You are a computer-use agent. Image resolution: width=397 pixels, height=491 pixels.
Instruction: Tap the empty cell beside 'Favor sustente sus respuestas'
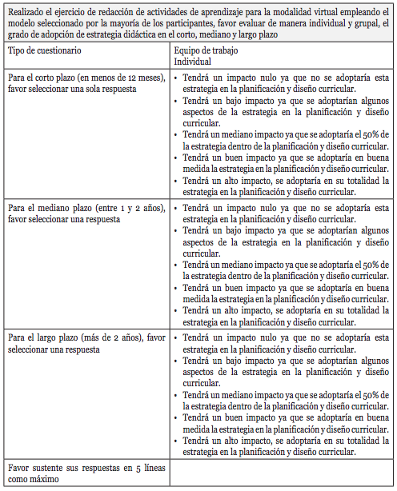tap(280, 473)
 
